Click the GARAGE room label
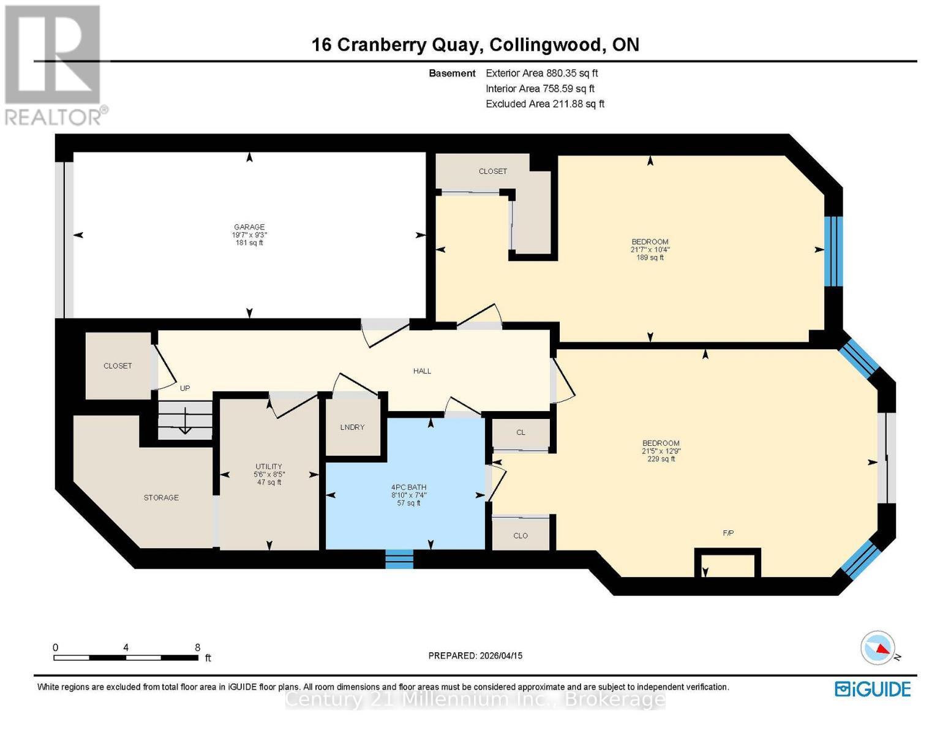click(249, 227)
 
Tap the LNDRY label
click(352, 428)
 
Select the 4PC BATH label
click(409, 487)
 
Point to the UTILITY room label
click(269, 467)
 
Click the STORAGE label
click(161, 498)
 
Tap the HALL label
click(423, 371)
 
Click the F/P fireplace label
click(728, 533)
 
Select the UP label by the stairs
click(185, 388)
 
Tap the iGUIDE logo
click(873, 690)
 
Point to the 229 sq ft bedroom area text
click(661, 459)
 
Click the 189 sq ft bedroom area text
click(650, 258)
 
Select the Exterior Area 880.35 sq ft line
click(542, 73)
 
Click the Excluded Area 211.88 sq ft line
click(545, 104)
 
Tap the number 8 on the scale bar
click(197, 647)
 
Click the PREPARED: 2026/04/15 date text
click(475, 656)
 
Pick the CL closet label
click(521, 432)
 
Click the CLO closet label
click(521, 536)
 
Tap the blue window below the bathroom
click(399, 559)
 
